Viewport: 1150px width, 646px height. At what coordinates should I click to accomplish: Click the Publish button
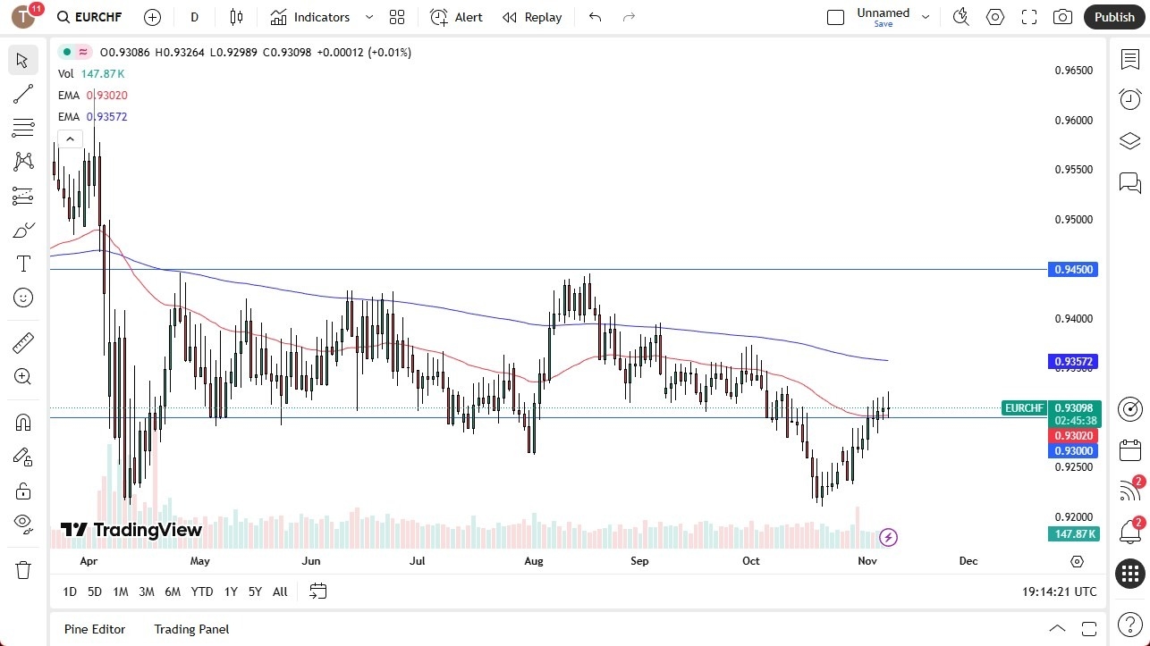[1113, 17]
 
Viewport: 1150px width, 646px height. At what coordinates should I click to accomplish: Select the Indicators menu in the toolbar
[310, 17]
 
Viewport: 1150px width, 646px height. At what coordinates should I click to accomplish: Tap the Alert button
[456, 17]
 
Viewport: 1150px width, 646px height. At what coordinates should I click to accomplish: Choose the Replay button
[532, 17]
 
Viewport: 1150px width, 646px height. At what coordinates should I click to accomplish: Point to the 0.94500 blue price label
[1072, 269]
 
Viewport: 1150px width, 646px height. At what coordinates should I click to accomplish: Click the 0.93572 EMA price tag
[1072, 362]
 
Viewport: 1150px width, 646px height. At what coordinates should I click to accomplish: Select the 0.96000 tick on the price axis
[1072, 121]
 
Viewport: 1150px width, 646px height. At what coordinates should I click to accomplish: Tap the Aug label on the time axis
[534, 561]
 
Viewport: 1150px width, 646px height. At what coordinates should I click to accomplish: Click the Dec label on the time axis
[968, 561]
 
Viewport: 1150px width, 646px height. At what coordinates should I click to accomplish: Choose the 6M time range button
[173, 591]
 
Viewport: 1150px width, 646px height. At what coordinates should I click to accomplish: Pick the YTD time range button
[202, 591]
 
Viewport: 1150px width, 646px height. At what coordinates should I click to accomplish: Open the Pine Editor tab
[95, 629]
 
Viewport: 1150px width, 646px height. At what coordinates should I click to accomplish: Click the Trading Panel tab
[191, 629]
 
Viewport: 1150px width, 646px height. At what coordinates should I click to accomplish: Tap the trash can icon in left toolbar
[23, 570]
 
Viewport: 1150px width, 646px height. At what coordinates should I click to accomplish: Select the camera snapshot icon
[1062, 17]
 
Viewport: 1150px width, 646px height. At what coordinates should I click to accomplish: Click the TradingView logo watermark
[131, 530]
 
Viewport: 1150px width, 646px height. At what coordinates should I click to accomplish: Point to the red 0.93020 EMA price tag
[1072, 435]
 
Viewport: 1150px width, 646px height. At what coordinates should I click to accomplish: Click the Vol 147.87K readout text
[92, 74]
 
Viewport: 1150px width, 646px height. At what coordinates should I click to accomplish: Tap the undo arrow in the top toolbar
[596, 17]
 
